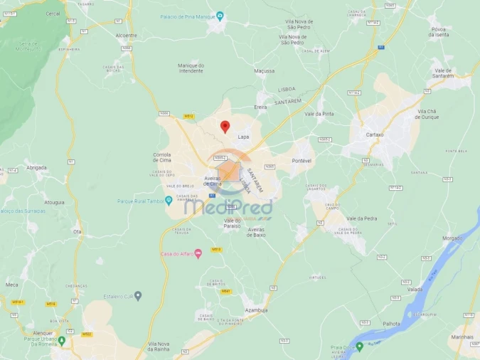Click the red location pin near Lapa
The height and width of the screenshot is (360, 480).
point(225,126)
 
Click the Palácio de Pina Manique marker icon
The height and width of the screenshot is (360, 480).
point(220,16)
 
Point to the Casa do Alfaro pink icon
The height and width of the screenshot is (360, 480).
point(198,254)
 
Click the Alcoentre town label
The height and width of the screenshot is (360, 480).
point(126,35)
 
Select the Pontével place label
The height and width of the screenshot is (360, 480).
point(302,161)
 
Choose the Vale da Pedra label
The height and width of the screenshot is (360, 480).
point(361,218)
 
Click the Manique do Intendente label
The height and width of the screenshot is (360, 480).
point(191,68)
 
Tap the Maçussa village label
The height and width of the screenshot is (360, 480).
point(264,71)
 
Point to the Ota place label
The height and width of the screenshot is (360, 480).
point(77,231)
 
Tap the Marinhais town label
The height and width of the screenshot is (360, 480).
point(462,337)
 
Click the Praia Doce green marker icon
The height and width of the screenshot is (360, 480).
point(359,346)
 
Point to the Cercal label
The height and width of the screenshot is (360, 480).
point(53,14)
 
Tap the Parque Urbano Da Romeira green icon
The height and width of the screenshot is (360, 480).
point(62,340)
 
